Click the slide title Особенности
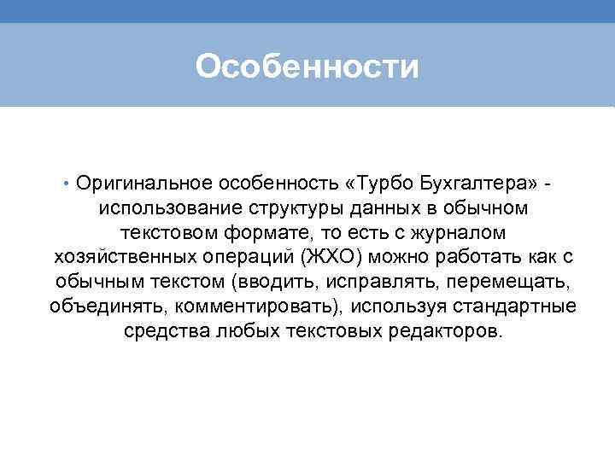307,66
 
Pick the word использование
171,208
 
